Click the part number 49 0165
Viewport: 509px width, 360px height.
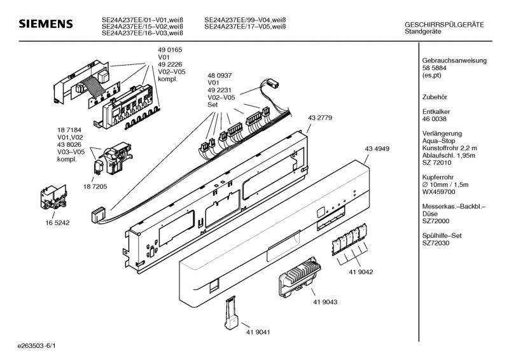(170, 50)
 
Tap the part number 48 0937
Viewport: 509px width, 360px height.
(220, 74)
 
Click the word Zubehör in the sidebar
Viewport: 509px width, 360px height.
(436, 97)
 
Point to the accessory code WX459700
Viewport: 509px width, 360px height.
(438, 191)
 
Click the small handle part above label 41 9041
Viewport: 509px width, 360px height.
(231, 310)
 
